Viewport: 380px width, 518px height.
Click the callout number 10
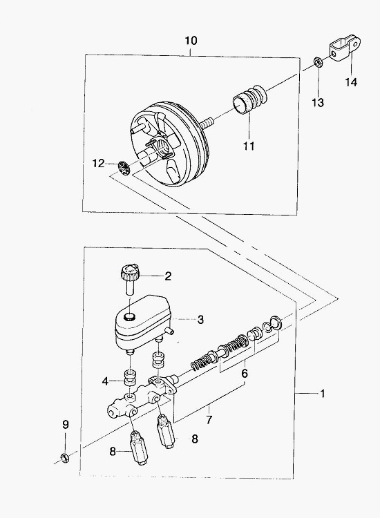pos(191,41)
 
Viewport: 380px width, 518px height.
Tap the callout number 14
pos(352,82)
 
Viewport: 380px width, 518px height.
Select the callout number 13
pos(318,102)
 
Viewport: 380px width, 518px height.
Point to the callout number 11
pos(249,145)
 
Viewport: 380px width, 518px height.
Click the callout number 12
pos(98,163)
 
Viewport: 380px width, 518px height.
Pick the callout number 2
pos(168,276)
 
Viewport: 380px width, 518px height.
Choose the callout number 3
pos(200,320)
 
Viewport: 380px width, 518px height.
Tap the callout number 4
pos(106,381)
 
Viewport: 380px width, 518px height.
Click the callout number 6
pos(244,374)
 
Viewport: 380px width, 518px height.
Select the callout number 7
pos(209,419)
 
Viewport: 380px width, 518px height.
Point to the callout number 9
pos(65,424)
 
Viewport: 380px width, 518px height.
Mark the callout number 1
pos(322,394)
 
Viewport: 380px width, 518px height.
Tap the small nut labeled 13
pos(318,62)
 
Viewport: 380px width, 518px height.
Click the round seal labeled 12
pos(124,169)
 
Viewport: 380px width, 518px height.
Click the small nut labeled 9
pos(64,458)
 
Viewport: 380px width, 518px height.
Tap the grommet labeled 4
pos(130,378)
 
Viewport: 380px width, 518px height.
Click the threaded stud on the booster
pos(205,124)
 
